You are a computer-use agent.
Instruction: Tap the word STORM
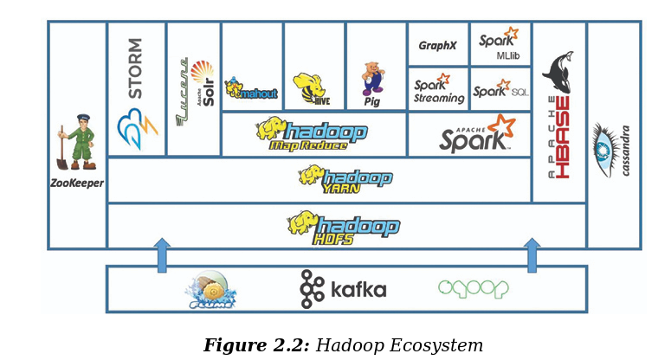(136, 67)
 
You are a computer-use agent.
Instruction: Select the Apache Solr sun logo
(202, 73)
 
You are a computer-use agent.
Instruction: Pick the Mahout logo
(251, 89)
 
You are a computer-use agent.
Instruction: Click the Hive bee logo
(312, 87)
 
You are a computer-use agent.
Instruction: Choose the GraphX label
(437, 45)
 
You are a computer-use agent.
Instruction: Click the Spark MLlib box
(500, 44)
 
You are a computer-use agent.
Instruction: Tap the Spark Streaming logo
(438, 89)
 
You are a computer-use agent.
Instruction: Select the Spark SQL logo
(500, 88)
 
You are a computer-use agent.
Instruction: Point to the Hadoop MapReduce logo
(312, 134)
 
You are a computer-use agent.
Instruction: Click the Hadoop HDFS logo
(344, 227)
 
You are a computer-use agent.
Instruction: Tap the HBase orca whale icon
(558, 73)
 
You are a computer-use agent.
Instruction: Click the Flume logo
(210, 290)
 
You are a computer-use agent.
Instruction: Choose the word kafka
(357, 289)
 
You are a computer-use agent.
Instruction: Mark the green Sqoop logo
(473, 289)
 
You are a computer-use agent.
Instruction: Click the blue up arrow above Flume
(162, 255)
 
